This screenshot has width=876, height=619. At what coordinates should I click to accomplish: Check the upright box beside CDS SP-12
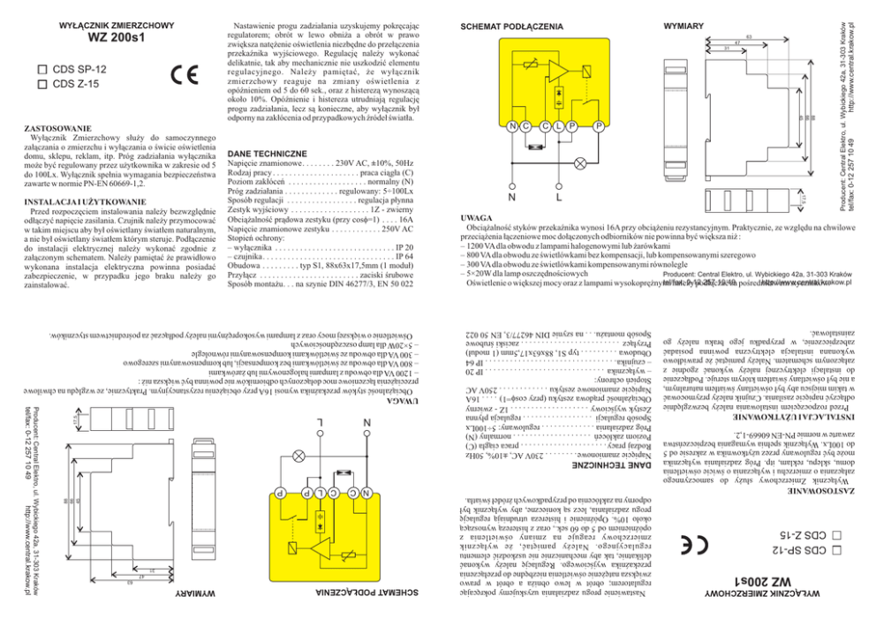pyautogui.click(x=41, y=69)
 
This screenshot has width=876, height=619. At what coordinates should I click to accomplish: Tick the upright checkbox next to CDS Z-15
pyautogui.click(x=41, y=84)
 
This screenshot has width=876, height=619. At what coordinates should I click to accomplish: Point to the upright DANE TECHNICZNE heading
pyautogui.click(x=268, y=153)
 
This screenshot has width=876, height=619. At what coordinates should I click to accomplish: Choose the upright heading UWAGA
pyautogui.click(x=477, y=217)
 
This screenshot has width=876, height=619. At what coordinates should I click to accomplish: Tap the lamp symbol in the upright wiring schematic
pyautogui.click(x=579, y=162)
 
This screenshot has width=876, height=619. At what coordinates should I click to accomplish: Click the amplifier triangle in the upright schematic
pyautogui.click(x=557, y=71)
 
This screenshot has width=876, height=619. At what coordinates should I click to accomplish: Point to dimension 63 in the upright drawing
pyautogui.click(x=747, y=36)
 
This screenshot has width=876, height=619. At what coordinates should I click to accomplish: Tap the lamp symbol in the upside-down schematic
pyautogui.click(x=298, y=457)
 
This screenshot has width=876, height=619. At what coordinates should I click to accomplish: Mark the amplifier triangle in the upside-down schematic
pyautogui.click(x=320, y=548)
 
